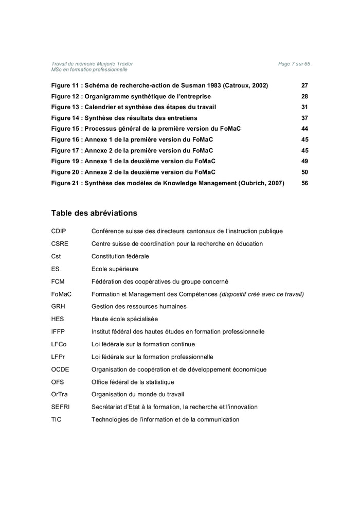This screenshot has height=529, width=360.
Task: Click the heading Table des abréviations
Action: click(x=94, y=213)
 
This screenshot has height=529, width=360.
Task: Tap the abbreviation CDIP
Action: click(x=59, y=231)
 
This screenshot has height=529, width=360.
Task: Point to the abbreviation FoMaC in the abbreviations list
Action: click(x=61, y=294)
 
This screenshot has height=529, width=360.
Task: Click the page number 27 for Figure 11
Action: click(x=304, y=85)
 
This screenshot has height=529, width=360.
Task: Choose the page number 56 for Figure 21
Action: click(x=304, y=183)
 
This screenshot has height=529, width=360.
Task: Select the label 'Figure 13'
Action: click(x=65, y=107)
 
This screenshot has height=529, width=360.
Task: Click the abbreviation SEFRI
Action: click(x=60, y=407)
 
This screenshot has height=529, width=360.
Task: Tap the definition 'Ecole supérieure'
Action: click(x=115, y=269)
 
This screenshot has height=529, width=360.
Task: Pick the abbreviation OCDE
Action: click(x=60, y=369)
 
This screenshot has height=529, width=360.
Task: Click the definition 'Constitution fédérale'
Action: click(x=120, y=256)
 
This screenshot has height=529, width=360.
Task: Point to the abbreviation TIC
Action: click(x=56, y=419)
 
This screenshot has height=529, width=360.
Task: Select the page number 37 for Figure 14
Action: click(x=304, y=118)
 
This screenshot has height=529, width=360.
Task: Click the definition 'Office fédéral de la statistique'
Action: click(x=133, y=382)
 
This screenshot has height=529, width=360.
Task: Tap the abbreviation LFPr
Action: click(x=58, y=357)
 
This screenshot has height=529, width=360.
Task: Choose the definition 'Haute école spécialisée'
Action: click(x=124, y=319)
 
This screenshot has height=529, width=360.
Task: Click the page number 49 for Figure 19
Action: click(x=304, y=161)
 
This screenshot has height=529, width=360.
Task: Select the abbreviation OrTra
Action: click(x=60, y=394)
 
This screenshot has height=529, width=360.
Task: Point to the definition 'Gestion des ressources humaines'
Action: click(x=139, y=306)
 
